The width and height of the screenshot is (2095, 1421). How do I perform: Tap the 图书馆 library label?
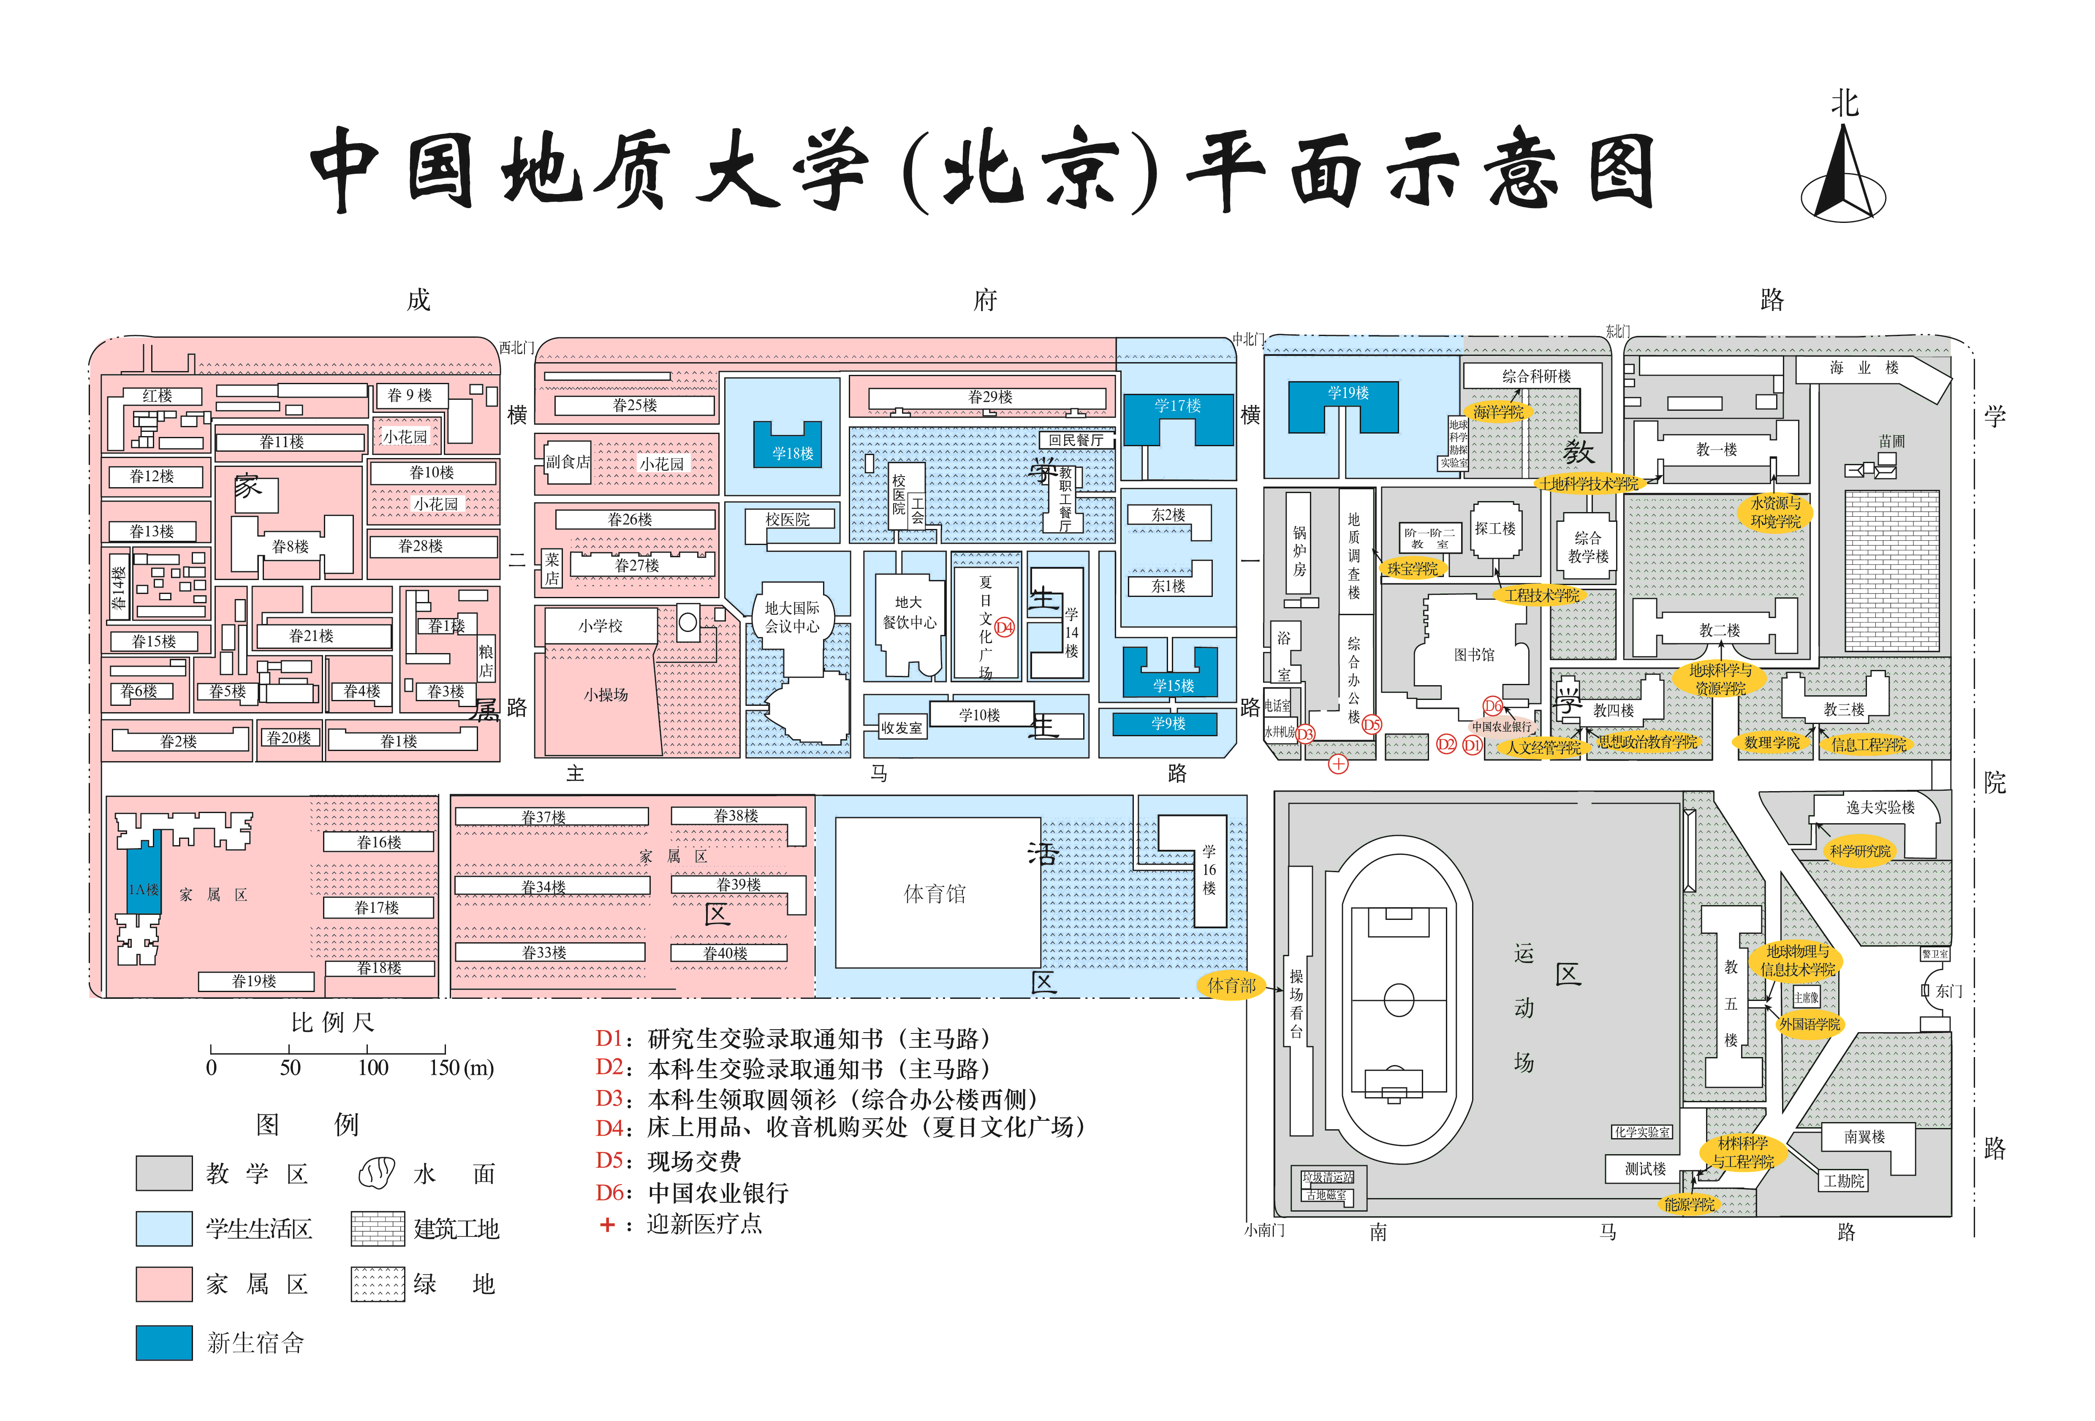(x=1474, y=655)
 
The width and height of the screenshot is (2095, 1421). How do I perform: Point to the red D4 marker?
(x=1004, y=628)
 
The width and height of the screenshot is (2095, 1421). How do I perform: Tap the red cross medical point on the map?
(x=1338, y=764)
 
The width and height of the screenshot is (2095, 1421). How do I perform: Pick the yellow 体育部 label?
(x=1231, y=986)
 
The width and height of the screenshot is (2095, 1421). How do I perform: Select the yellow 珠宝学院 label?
(x=1413, y=569)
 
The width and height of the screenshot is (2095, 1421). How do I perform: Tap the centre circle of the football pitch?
(x=1398, y=999)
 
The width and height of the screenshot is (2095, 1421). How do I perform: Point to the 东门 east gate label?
(x=1949, y=991)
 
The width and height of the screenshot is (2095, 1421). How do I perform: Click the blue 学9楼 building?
(x=1167, y=724)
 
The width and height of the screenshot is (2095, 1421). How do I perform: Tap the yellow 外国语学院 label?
(x=1809, y=1025)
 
